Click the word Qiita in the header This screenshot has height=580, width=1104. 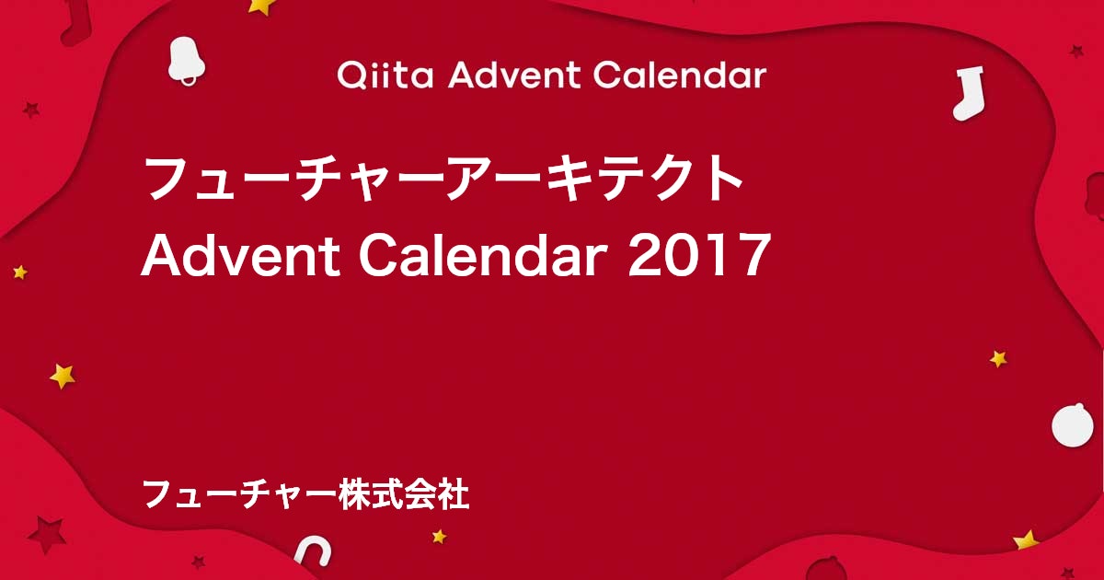click(x=385, y=75)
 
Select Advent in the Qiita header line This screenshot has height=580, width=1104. click(x=514, y=75)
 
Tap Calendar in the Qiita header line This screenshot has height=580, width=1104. click(x=680, y=75)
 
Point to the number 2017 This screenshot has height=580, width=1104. click(x=700, y=256)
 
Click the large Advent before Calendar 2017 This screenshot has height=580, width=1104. click(x=241, y=254)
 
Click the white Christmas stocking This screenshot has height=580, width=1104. click(x=969, y=94)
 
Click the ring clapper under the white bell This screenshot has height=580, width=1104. click(x=188, y=79)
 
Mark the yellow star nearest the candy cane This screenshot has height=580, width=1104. click(x=439, y=536)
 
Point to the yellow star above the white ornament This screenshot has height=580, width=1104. click(x=998, y=358)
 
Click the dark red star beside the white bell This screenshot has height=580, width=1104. click(x=31, y=110)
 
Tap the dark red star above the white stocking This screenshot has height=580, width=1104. click(x=1076, y=51)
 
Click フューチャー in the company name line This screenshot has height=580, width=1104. click(x=240, y=493)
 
